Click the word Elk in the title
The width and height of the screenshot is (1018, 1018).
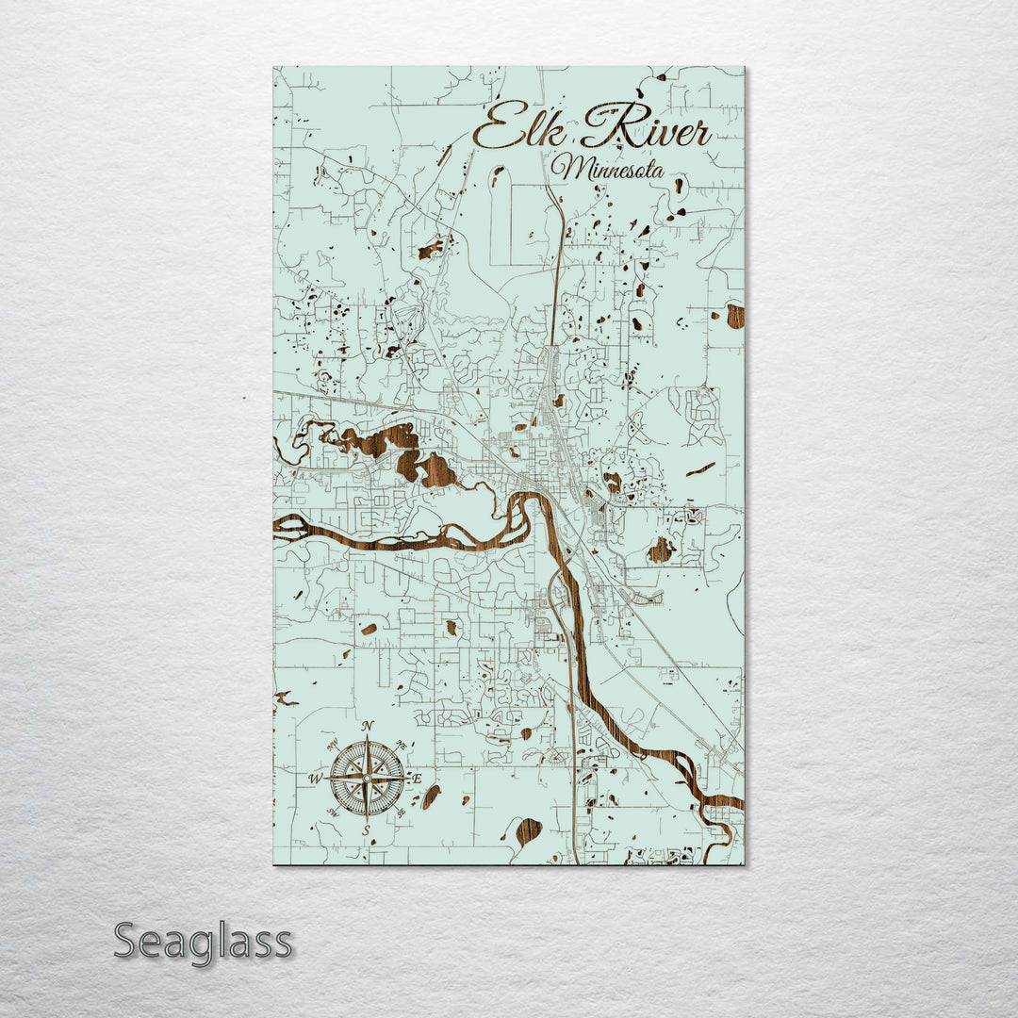514,130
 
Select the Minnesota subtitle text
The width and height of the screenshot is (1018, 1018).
608,170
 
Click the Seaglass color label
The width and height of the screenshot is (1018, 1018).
203,942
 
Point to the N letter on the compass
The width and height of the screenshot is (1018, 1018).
368,725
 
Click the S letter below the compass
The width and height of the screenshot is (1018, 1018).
367,830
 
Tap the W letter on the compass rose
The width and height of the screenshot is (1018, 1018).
316,779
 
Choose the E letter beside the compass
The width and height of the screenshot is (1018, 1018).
418,779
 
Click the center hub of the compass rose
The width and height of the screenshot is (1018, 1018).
367,779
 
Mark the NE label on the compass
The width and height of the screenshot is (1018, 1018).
402,744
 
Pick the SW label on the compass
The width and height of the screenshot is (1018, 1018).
332,813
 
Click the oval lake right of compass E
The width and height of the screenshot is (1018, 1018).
431,796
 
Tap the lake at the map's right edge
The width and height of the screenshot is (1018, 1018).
735,316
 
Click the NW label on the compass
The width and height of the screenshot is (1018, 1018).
332,744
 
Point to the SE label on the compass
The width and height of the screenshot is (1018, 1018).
402,813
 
